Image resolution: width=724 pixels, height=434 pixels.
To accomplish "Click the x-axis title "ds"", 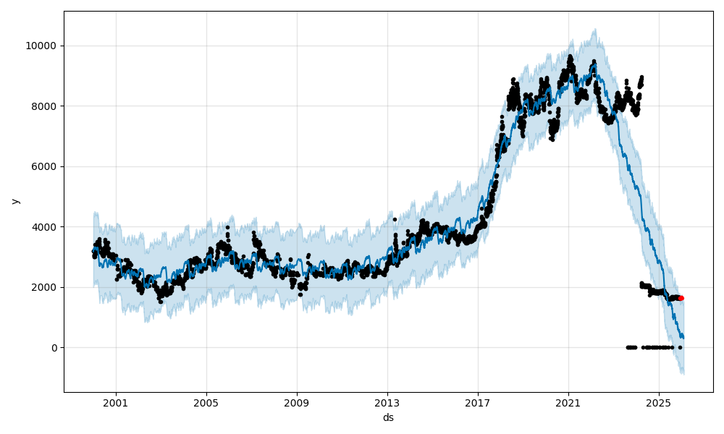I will point(388,417).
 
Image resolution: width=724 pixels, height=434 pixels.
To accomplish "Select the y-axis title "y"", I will point(15,201).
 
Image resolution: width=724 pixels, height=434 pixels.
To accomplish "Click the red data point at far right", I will point(681,298).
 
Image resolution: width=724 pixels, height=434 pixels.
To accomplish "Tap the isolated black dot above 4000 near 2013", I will point(395,219).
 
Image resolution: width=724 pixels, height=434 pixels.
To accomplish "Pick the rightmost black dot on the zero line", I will point(680,347).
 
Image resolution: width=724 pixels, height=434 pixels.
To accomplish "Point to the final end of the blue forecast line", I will point(683,339).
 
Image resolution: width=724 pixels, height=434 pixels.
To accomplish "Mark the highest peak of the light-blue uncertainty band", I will point(594,29).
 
